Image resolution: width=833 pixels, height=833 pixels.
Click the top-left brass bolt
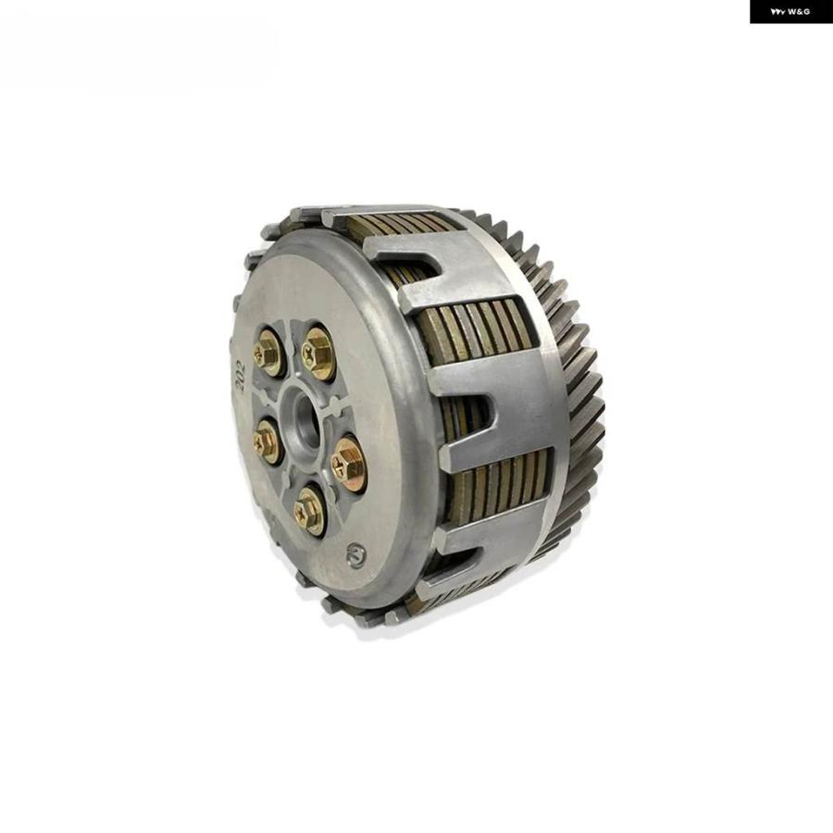click(x=267, y=352)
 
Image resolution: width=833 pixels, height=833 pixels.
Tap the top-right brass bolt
click(x=317, y=354)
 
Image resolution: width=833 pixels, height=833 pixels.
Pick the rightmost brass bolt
click(x=348, y=464)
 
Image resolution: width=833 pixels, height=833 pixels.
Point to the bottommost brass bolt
click(x=308, y=511)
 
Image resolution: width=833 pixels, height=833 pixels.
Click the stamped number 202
click(x=240, y=375)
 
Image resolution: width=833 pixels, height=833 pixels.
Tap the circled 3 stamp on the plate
click(x=356, y=555)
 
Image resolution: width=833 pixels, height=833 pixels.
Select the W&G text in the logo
click(x=799, y=12)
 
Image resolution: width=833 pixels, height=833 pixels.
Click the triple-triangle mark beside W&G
click(x=778, y=12)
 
